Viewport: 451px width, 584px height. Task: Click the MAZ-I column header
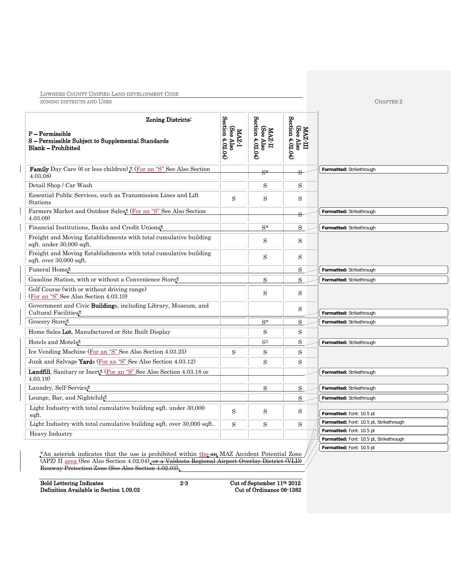(234, 138)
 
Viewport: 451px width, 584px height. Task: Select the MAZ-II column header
(265, 138)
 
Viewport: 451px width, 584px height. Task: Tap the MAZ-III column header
(300, 138)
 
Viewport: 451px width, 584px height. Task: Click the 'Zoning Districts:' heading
(169, 120)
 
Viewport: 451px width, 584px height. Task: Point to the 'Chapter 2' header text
(388, 102)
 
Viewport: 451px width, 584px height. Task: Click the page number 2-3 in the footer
(184, 483)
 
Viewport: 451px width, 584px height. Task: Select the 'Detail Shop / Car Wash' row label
(60, 185)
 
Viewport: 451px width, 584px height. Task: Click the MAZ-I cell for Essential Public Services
(234, 199)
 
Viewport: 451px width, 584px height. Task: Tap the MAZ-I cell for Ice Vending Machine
(234, 352)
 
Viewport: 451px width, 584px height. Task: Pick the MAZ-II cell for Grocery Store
(265, 322)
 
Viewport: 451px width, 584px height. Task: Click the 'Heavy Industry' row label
(51, 434)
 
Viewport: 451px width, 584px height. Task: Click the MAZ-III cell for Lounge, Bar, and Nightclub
(300, 398)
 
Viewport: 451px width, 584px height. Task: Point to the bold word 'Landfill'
(39, 372)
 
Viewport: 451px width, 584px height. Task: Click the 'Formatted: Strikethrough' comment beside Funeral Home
(383, 270)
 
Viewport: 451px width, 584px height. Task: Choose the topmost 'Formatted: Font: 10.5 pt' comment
(383, 414)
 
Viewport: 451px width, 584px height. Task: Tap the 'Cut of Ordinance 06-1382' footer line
(268, 490)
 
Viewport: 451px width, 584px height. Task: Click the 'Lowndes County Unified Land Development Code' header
(109, 94)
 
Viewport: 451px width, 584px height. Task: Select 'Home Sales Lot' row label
(99, 332)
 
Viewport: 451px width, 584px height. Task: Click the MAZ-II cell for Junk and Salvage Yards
(265, 362)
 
